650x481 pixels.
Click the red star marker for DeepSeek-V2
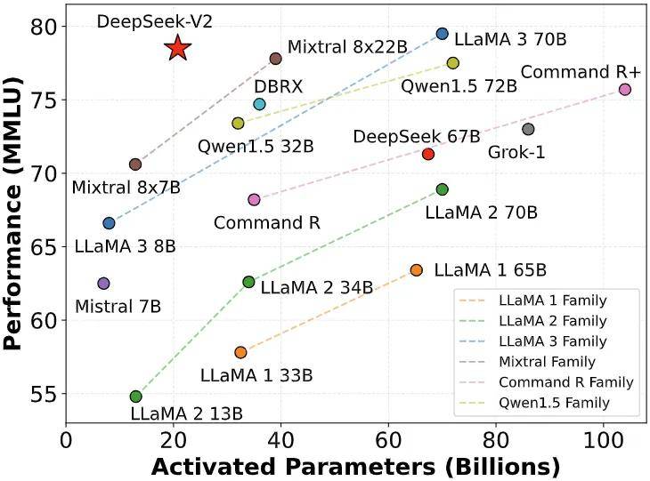[x=178, y=48]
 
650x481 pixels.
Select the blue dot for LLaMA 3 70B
[x=443, y=34]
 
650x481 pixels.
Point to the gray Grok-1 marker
[x=528, y=129]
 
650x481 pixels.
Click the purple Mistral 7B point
[x=103, y=283]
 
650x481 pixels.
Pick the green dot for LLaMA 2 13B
[x=135, y=397]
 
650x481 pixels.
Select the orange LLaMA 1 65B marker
[x=416, y=269]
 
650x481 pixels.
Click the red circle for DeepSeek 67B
[x=428, y=154]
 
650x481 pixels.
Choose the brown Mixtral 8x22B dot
[x=275, y=59]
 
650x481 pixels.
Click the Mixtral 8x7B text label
[x=126, y=188]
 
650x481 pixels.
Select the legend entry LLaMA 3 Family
[x=558, y=341]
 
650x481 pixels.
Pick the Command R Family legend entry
[x=566, y=382]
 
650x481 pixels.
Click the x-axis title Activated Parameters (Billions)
[x=354, y=466]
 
